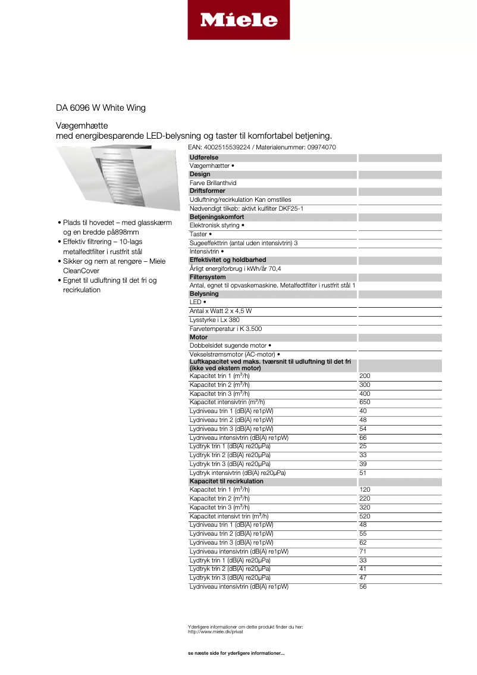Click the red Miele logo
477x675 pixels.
[x=238, y=20]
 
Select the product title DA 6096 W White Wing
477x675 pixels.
[x=101, y=108]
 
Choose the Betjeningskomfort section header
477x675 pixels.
[x=216, y=217]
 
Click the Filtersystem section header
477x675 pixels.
[x=208, y=277]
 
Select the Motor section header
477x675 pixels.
[x=199, y=337]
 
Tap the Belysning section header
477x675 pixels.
[x=204, y=294]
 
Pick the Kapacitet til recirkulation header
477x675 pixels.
[x=227, y=481]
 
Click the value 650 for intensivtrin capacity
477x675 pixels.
[x=365, y=402]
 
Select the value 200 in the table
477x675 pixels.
[x=365, y=376]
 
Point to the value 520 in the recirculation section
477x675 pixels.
[x=365, y=516]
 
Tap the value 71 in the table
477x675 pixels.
[x=363, y=551]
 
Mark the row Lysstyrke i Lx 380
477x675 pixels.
[x=214, y=320]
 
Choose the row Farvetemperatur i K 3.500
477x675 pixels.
[x=225, y=329]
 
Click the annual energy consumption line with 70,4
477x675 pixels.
[x=236, y=268]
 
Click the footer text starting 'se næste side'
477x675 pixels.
[x=236, y=654]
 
